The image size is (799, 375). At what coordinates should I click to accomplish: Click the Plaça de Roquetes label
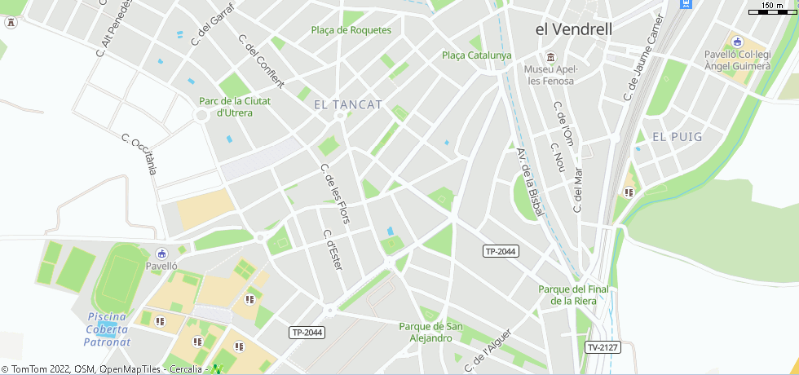(351, 30)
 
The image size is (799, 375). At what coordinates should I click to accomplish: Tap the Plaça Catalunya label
(477, 55)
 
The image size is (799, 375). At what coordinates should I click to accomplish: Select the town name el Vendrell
(573, 29)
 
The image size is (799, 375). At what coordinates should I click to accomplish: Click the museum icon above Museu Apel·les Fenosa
(551, 56)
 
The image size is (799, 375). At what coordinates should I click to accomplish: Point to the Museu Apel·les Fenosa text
(550, 74)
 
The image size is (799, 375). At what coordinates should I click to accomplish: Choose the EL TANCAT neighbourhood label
(348, 104)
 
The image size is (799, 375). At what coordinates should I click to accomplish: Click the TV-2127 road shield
(603, 347)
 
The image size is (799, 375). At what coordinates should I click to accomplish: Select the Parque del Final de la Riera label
(574, 294)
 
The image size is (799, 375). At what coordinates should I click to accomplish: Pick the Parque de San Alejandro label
(430, 332)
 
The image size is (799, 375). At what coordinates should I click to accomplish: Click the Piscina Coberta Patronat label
(108, 329)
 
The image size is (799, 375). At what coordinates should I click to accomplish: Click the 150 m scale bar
(772, 9)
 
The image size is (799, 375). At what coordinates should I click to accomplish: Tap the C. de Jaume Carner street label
(644, 58)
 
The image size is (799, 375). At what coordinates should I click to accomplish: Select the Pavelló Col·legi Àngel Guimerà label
(737, 60)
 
